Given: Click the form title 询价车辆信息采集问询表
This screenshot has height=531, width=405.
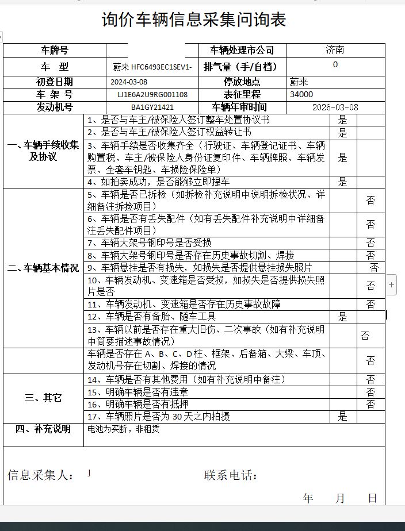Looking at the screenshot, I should [194, 20].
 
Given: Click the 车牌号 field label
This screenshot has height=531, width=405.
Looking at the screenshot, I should [55, 51].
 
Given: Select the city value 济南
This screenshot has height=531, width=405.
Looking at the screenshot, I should [335, 50].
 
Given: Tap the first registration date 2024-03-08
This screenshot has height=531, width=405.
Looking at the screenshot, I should [129, 82].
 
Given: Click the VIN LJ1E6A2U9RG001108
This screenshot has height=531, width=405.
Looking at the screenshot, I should [152, 95].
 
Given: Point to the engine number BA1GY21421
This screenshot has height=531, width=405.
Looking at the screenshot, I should [152, 107].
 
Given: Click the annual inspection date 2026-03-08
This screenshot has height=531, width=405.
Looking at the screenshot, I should [335, 107].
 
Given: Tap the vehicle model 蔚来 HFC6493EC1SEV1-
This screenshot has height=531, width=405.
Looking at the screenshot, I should [152, 67].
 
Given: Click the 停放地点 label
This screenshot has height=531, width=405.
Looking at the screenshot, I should [242, 82].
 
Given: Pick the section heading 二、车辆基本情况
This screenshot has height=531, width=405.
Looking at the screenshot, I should [43, 268].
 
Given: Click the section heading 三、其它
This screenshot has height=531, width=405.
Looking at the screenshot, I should [43, 398].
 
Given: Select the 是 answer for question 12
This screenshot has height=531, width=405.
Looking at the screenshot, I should [343, 317].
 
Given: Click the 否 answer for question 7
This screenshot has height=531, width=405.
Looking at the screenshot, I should [370, 243].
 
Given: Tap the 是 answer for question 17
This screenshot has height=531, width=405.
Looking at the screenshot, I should [343, 417].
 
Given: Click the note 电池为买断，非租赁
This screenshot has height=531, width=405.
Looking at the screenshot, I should [123, 429].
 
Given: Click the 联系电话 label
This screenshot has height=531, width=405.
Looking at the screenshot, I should [230, 475].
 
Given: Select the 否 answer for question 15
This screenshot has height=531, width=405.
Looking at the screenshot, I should [370, 392].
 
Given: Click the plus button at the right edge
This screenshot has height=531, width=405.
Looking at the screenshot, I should [391, 284].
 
